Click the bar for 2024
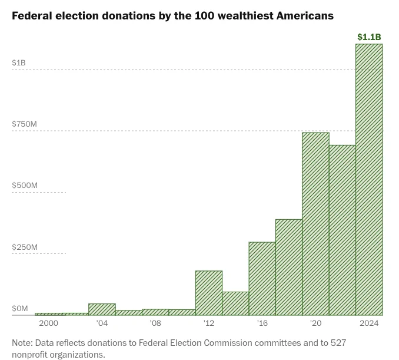369,180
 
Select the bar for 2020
316,224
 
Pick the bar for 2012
209,293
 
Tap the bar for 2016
262,279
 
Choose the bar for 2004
102,309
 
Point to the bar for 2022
343,230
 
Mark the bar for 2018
289,267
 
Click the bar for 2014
235,303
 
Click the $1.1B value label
369,37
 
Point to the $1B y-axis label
19,62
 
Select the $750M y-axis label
25,124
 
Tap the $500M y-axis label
25,185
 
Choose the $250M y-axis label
25,247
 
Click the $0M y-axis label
20,309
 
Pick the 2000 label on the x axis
49,323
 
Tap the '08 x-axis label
155,323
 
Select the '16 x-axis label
262,323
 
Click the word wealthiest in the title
245,16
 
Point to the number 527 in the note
338,343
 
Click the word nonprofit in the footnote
29,355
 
